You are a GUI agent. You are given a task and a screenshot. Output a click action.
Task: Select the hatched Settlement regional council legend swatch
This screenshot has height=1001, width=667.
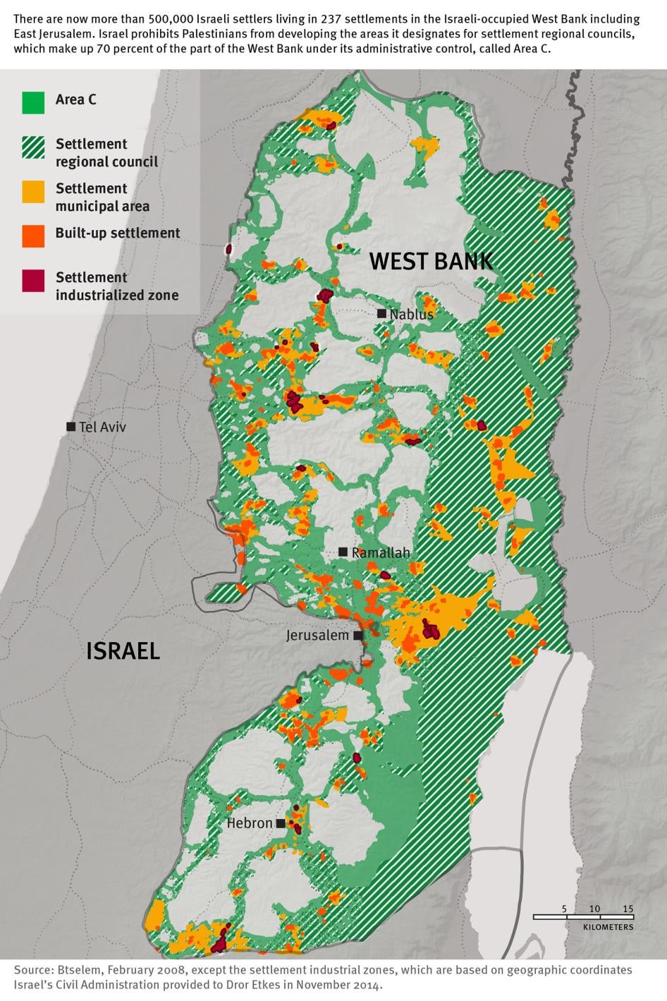click(33, 147)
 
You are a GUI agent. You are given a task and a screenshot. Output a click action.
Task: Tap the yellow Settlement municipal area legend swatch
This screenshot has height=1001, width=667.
click(33, 192)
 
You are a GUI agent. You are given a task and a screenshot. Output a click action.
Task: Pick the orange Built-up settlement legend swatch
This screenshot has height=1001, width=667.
click(33, 236)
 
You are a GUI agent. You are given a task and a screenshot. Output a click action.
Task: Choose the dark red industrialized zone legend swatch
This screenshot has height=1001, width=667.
click(33, 281)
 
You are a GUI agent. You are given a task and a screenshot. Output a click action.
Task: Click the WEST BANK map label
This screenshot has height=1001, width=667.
click(431, 262)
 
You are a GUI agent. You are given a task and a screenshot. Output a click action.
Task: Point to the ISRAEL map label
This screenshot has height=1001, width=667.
click(123, 650)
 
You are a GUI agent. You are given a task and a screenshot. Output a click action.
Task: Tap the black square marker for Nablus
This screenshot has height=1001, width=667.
click(381, 313)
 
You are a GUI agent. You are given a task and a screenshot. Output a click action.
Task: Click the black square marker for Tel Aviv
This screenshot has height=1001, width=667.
click(71, 427)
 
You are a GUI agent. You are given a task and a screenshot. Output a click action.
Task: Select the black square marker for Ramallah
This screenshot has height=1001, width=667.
click(343, 552)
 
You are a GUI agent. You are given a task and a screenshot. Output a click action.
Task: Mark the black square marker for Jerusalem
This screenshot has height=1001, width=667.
click(358, 636)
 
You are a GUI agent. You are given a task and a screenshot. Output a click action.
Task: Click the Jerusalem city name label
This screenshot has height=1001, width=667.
click(317, 636)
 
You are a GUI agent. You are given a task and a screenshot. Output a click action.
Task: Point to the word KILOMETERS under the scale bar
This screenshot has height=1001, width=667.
click(608, 927)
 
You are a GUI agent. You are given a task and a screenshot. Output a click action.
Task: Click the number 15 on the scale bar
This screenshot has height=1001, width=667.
click(628, 909)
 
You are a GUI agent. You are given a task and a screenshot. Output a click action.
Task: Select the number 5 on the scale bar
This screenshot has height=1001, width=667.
click(564, 909)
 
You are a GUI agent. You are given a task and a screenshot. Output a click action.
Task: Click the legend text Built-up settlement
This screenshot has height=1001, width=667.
click(118, 233)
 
